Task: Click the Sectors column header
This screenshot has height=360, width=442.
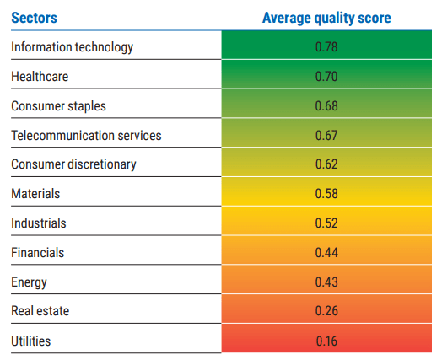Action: point(34,17)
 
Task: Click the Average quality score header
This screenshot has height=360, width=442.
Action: point(326,17)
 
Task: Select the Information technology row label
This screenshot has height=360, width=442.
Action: point(72,47)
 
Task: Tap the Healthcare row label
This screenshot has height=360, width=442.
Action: point(40,77)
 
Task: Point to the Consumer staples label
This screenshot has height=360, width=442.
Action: point(58,106)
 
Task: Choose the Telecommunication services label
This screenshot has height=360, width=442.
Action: point(86,135)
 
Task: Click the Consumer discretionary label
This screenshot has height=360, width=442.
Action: point(73,164)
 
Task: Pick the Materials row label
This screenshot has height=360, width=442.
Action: point(35,194)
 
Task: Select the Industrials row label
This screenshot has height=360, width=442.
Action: point(38,223)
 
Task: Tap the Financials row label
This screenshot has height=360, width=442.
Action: point(37,253)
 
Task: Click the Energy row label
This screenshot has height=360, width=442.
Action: point(29,282)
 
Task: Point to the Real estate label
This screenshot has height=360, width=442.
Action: point(40,311)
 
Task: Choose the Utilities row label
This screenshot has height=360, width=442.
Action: point(30,341)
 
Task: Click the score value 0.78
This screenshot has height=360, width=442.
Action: point(326,47)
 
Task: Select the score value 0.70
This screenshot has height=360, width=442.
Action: point(326,77)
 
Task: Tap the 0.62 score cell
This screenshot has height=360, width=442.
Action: point(326,164)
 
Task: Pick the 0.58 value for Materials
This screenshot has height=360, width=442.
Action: point(326,194)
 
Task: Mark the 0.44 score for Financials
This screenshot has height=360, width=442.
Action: point(326,253)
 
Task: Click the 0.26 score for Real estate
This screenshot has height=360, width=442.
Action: point(326,311)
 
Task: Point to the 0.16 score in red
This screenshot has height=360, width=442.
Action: point(326,341)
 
